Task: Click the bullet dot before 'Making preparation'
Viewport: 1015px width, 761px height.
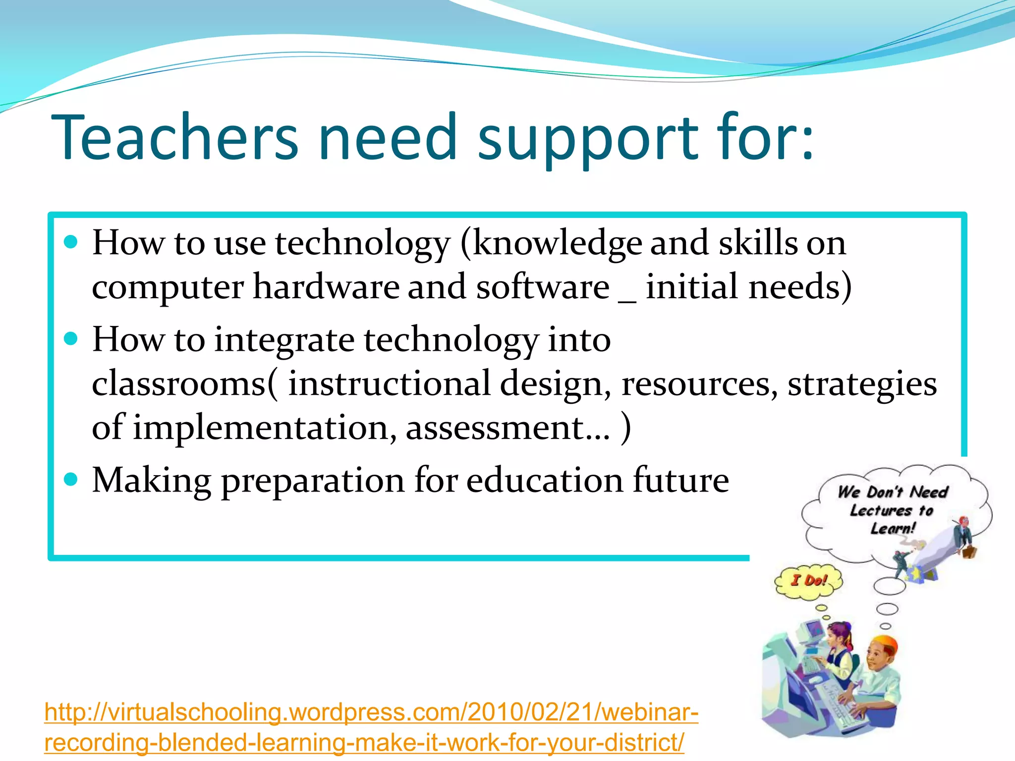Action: click(71, 479)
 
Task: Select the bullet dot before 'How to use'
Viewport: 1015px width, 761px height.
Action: click(71, 242)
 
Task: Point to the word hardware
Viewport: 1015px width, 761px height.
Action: click(326, 287)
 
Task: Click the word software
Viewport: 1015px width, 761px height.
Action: click(542, 287)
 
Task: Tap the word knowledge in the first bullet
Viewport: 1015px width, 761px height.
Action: click(557, 244)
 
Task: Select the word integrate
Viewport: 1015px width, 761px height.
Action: click(284, 341)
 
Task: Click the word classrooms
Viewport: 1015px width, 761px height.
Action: click(179, 384)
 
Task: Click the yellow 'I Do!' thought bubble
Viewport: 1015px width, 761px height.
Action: click(808, 581)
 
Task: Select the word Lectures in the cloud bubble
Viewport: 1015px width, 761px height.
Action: click(881, 510)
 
